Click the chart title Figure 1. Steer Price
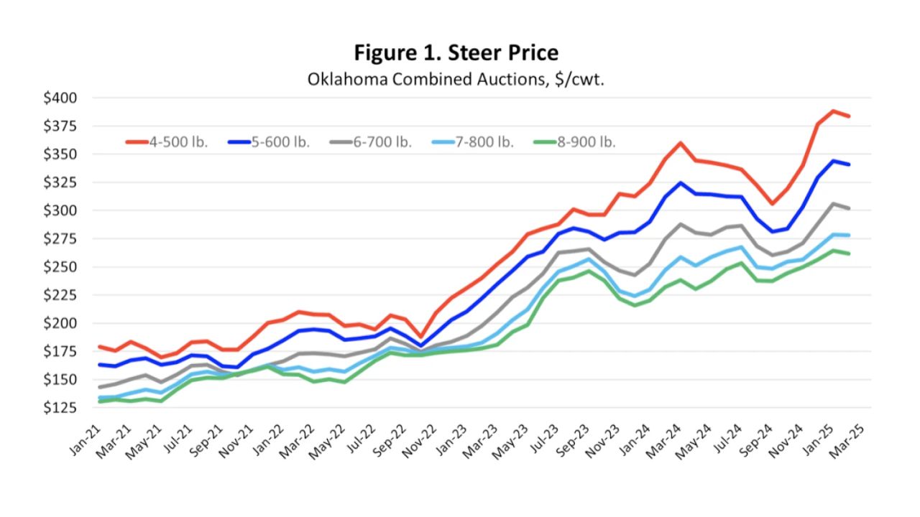pos(456,52)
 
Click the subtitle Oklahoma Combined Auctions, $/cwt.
pos(456,78)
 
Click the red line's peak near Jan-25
pos(833,111)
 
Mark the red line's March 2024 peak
pos(680,143)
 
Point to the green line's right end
pos(850,253)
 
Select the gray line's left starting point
pos(99,387)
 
